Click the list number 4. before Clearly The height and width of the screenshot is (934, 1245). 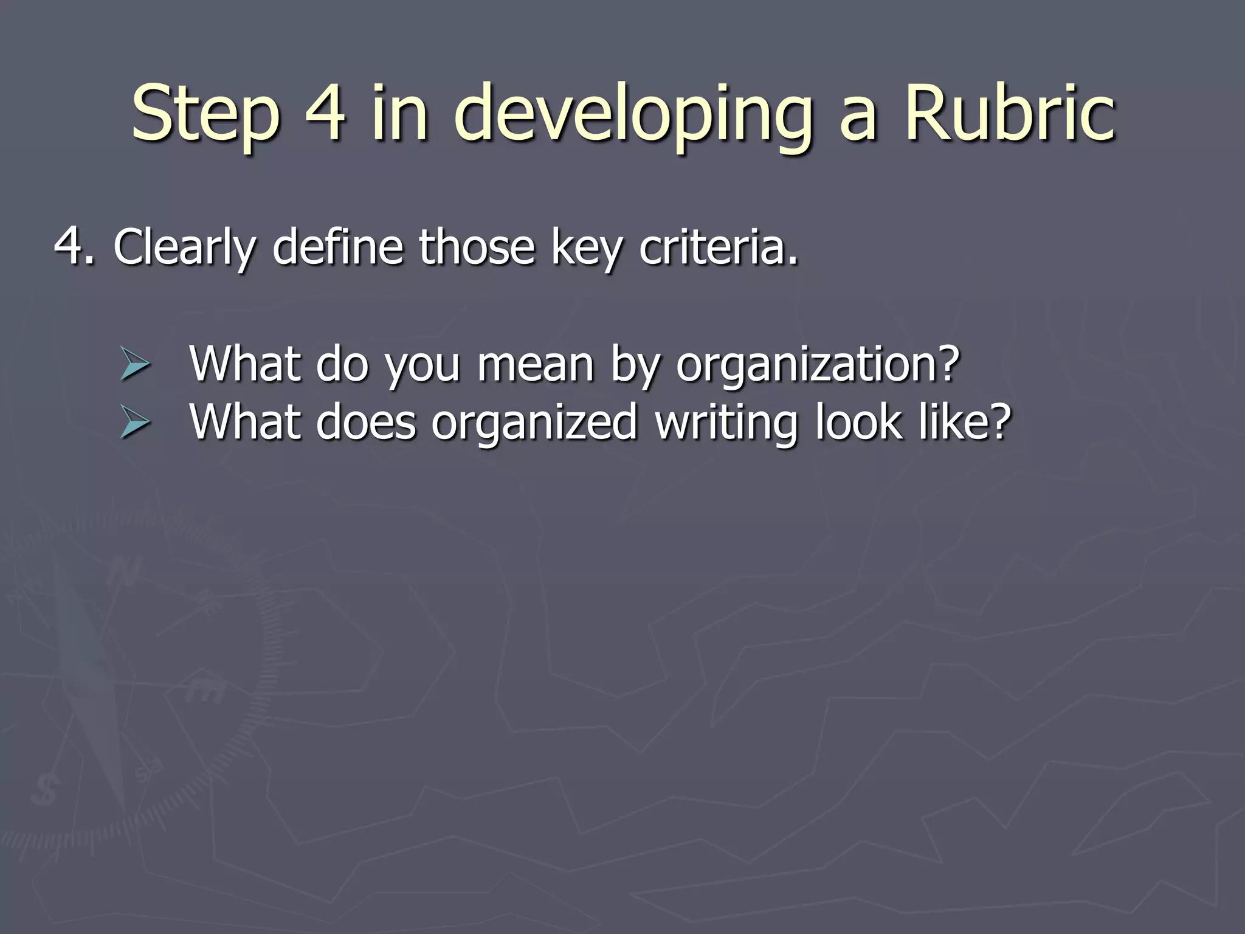pyautogui.click(x=74, y=246)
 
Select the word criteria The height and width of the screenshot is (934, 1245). pyautogui.click(x=718, y=246)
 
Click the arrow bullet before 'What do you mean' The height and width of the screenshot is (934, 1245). pyautogui.click(x=134, y=365)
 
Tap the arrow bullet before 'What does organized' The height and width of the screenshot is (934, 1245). pyautogui.click(x=134, y=423)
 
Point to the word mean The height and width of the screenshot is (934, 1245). pyautogui.click(x=535, y=364)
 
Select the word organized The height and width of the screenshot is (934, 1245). pyautogui.click(x=534, y=423)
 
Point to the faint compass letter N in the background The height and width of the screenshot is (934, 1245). pyautogui.click(x=125, y=571)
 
